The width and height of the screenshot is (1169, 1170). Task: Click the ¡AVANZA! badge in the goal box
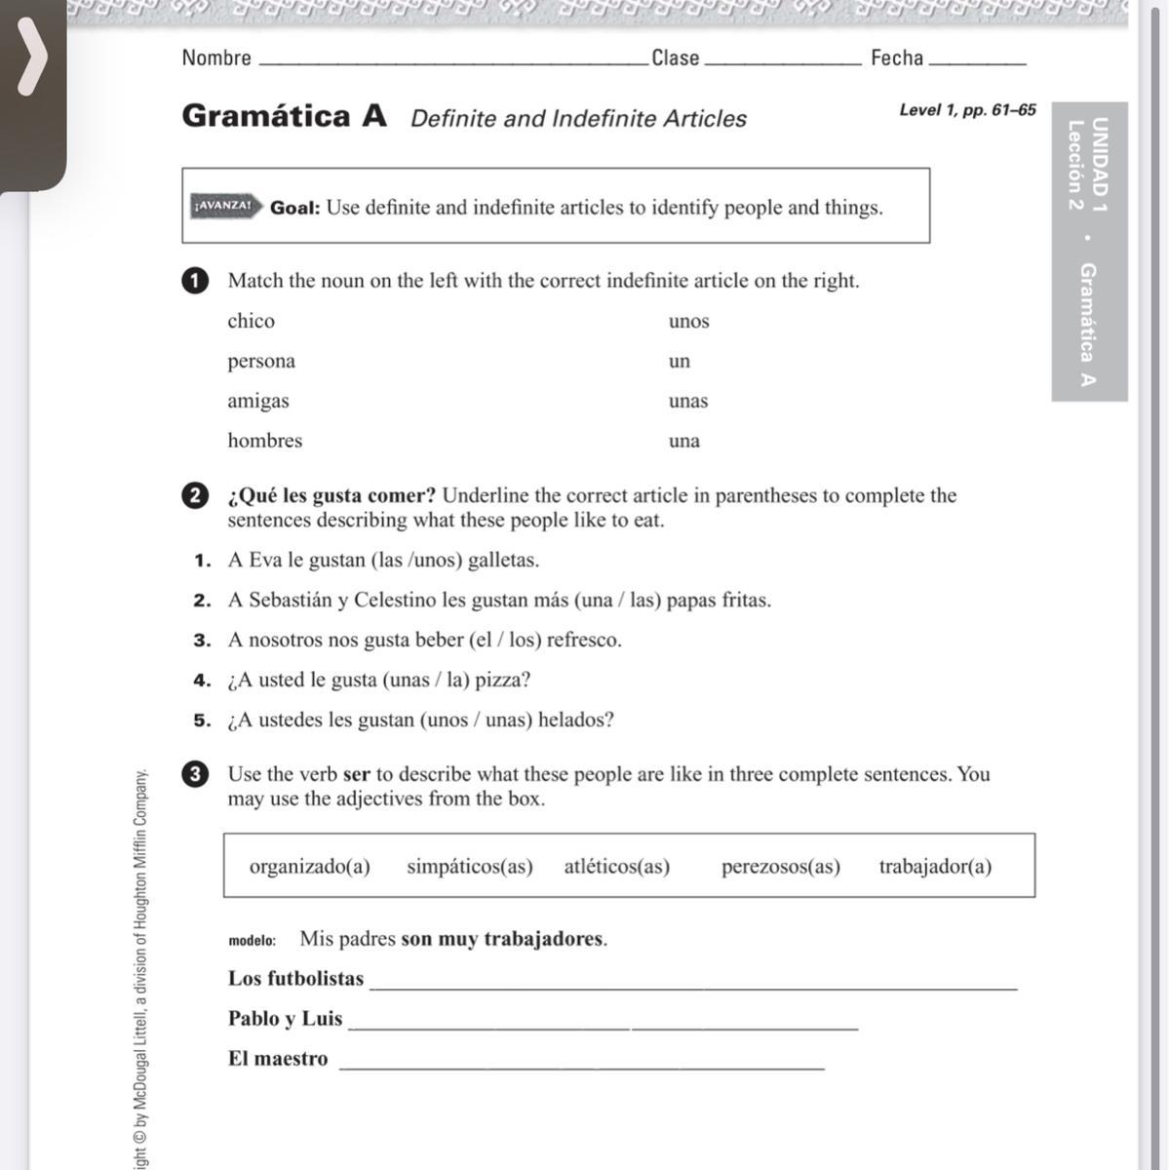(x=224, y=207)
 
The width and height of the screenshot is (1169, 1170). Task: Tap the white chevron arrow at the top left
(x=32, y=58)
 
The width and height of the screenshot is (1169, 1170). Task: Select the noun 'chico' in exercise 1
(x=251, y=322)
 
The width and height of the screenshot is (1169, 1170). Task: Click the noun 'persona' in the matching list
(x=261, y=362)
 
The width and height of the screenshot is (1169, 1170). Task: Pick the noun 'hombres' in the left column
(x=265, y=441)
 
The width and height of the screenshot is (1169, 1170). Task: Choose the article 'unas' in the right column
(x=688, y=401)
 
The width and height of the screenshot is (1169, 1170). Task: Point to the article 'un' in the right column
(x=680, y=362)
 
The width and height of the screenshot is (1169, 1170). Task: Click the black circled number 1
(x=195, y=281)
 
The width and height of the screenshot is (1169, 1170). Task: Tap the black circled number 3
(x=195, y=774)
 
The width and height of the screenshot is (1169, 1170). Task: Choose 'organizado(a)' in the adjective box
(x=310, y=867)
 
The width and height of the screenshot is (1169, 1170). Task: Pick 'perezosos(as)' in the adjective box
(x=780, y=867)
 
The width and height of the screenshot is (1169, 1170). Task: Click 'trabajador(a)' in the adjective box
(x=935, y=867)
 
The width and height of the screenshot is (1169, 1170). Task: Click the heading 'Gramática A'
(x=284, y=116)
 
